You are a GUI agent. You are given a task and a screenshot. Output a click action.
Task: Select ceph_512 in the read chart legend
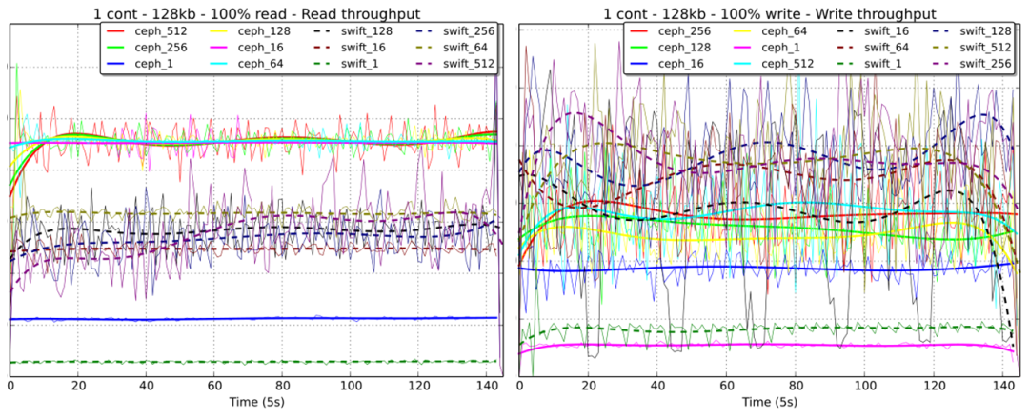157,31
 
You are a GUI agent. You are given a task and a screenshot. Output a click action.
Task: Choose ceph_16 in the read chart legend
258,47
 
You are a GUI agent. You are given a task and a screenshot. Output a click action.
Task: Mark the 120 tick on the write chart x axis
934,386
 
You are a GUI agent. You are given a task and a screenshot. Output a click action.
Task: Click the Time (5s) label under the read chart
254,403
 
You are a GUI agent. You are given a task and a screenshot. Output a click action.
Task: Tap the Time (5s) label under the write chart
767,403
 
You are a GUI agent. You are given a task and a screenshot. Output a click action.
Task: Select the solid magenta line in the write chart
762,345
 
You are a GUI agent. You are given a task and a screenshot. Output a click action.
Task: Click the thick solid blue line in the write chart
762,269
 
